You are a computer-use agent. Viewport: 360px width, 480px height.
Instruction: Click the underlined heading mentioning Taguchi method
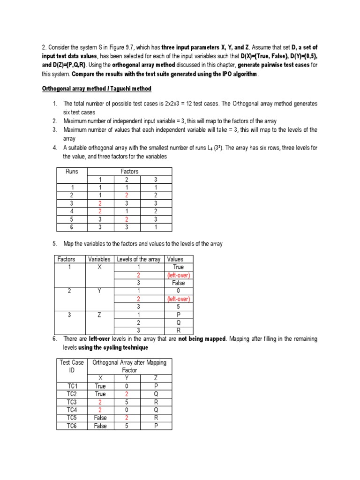pos(97,89)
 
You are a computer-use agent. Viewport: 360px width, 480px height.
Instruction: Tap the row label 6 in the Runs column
pos(71,227)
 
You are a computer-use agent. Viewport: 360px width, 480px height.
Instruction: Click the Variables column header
pos(99,259)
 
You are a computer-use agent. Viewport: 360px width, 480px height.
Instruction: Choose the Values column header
pos(175,259)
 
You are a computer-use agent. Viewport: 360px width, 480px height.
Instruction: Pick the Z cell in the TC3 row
pos(156,402)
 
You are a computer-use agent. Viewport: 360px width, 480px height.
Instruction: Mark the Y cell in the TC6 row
pos(127,426)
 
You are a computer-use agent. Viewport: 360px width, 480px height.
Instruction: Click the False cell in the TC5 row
pos(100,418)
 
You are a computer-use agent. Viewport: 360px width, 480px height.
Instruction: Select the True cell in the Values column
pos(178,267)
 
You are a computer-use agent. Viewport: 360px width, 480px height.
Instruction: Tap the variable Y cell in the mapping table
pos(99,291)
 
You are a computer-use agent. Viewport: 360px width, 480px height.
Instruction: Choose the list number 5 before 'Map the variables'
pos(54,244)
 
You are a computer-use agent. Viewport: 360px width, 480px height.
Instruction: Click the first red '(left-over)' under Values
pos(179,275)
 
